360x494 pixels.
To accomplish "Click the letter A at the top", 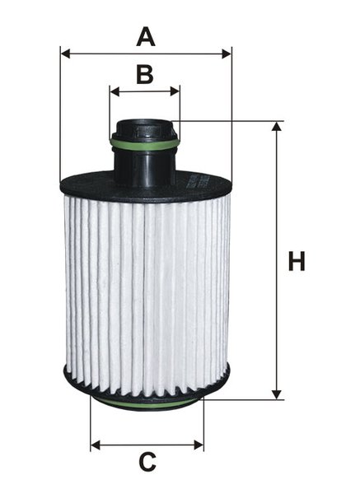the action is click(x=146, y=37).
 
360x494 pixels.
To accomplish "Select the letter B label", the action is click(x=145, y=74).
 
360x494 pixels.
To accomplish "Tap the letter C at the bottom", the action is click(x=147, y=462).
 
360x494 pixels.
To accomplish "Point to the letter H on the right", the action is click(x=297, y=261).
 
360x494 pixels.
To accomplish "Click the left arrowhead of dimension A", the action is click(x=65, y=54).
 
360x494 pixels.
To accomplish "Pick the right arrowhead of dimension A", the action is click(x=227, y=54).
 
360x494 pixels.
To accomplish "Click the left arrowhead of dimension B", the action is click(x=115, y=91).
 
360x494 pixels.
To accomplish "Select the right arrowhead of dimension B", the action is click(x=175, y=91).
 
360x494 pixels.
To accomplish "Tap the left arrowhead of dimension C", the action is click(x=96, y=445).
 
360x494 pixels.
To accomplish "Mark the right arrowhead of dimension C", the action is click(x=199, y=445).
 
